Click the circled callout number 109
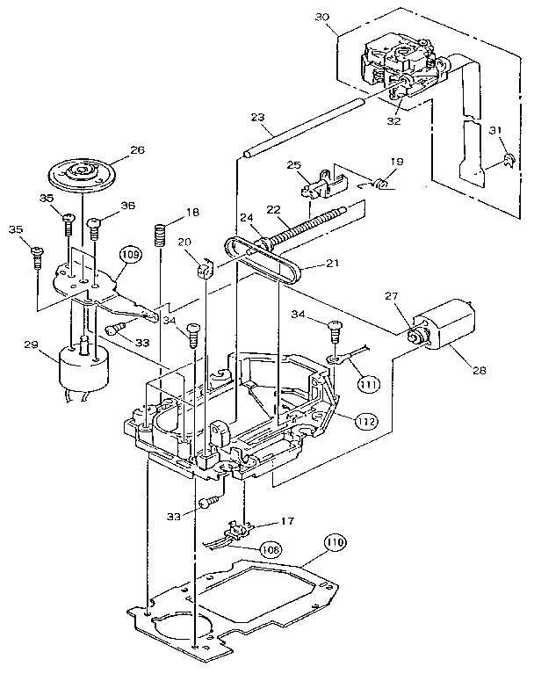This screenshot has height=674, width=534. tap(130, 255)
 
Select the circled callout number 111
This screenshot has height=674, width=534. tap(369, 383)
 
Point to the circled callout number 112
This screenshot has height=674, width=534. tap(369, 421)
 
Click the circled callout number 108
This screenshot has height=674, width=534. tap(271, 550)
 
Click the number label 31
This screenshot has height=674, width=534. tap(498, 132)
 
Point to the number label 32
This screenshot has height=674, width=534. tap(393, 121)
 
